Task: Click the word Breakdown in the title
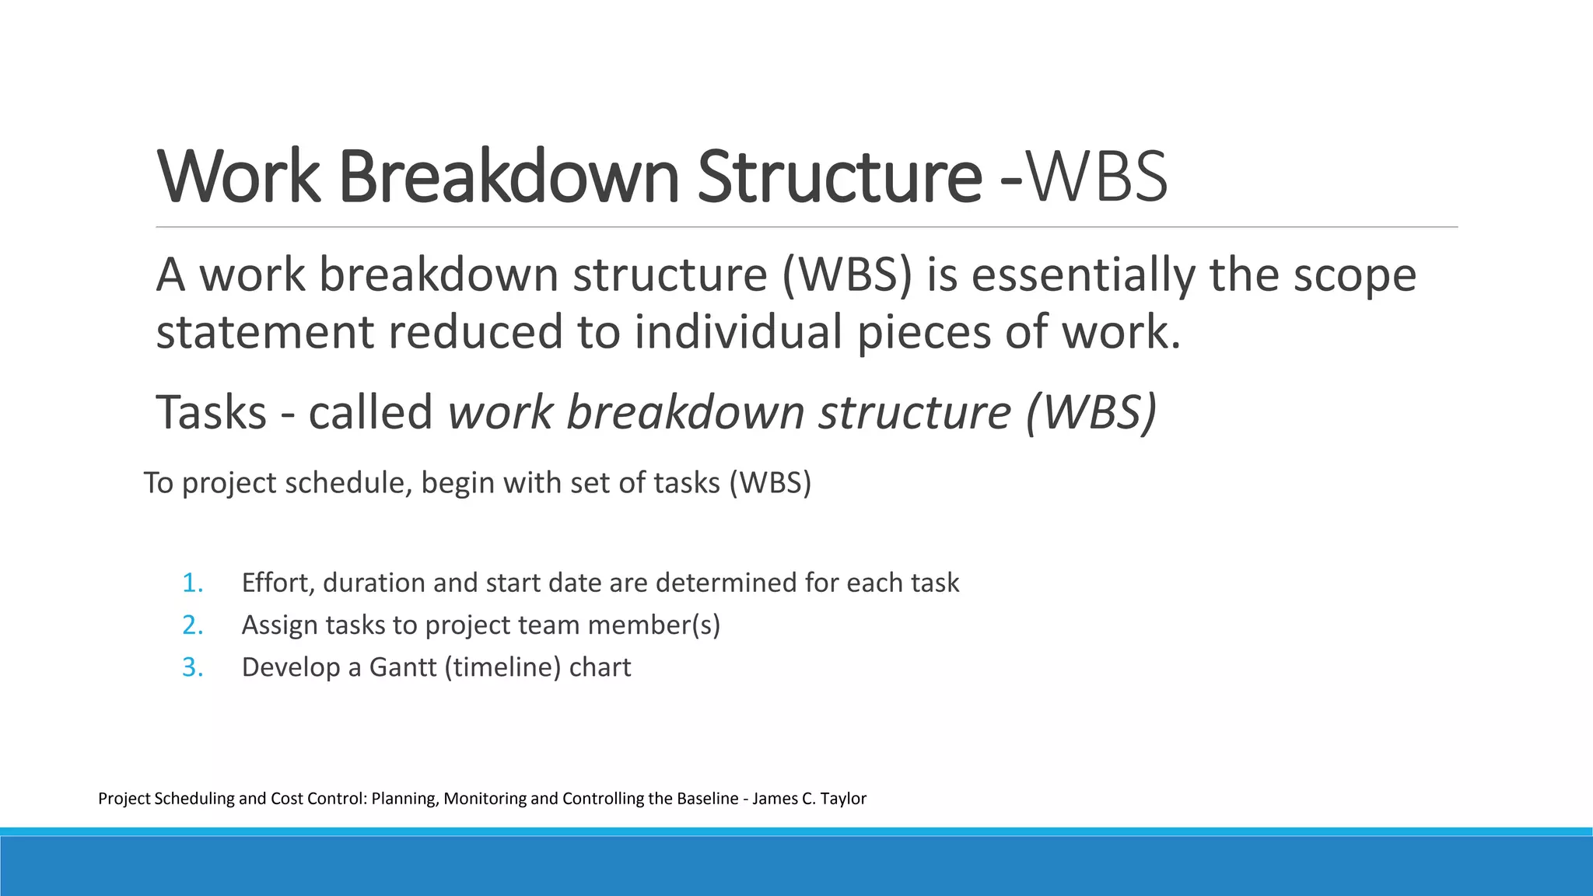tap(509, 177)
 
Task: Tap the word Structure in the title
tap(839, 177)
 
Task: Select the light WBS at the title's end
tap(1098, 177)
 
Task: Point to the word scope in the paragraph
tap(1354, 275)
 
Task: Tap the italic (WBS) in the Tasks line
tap(1091, 412)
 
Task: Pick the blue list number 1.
tap(192, 583)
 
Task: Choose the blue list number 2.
tap(192, 625)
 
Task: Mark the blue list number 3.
tap(192, 667)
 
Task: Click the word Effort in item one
tap(275, 583)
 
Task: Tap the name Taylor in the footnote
tap(843, 799)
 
